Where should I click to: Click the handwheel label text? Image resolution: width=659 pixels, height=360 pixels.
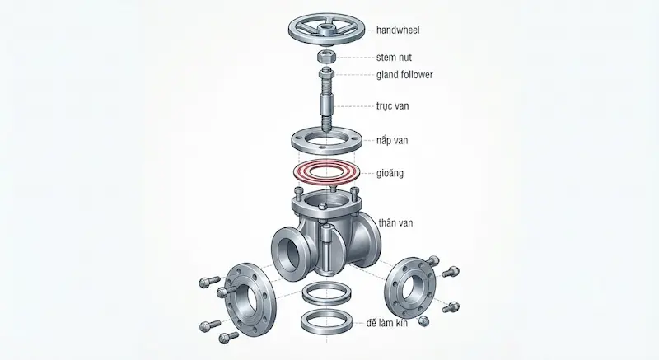tap(398, 30)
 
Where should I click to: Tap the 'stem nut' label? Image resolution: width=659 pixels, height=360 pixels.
tap(394, 57)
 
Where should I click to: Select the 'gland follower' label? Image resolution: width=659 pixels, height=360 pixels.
tap(404, 75)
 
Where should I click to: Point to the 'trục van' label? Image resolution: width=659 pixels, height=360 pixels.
tap(393, 105)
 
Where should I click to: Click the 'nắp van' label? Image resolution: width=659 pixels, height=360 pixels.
tap(392, 140)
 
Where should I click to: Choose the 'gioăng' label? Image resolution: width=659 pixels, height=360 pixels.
tap(390, 173)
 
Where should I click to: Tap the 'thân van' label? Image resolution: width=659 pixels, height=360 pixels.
tap(395, 222)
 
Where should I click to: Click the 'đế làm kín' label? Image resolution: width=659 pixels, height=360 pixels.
tap(386, 323)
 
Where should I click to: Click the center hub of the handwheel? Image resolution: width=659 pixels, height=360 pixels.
tap(325, 30)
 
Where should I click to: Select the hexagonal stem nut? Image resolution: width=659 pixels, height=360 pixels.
tap(325, 55)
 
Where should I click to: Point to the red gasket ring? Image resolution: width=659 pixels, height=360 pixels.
tap(326, 172)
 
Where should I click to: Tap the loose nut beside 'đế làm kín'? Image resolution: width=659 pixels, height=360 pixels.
tap(423, 321)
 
